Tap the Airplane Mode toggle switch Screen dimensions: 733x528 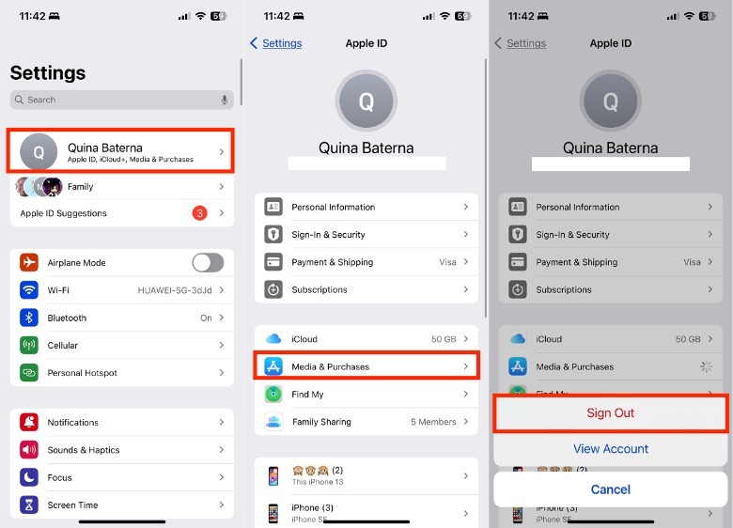click(x=208, y=263)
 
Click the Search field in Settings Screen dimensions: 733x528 click(x=121, y=100)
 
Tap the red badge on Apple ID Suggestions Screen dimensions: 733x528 click(x=199, y=213)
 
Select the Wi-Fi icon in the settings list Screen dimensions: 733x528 click(x=29, y=289)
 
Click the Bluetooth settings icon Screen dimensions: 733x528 click(x=29, y=318)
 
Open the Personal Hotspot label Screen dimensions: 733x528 click(x=83, y=373)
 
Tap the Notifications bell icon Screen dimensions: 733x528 click(x=29, y=422)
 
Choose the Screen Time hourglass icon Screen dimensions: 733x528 click(x=29, y=505)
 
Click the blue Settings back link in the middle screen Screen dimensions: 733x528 click(x=282, y=43)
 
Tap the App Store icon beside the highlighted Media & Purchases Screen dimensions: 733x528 click(x=273, y=366)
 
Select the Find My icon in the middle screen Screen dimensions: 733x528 click(x=273, y=394)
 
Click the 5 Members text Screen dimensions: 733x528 click(x=433, y=422)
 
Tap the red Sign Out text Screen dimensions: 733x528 click(x=611, y=413)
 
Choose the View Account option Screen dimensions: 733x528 click(x=611, y=448)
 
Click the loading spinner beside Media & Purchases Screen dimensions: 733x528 click(x=706, y=366)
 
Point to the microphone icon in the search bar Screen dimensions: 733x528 click(x=225, y=100)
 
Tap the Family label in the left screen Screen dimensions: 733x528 click(x=81, y=186)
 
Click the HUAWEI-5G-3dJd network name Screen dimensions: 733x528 click(x=175, y=290)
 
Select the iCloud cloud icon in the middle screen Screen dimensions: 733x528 click(x=273, y=339)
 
